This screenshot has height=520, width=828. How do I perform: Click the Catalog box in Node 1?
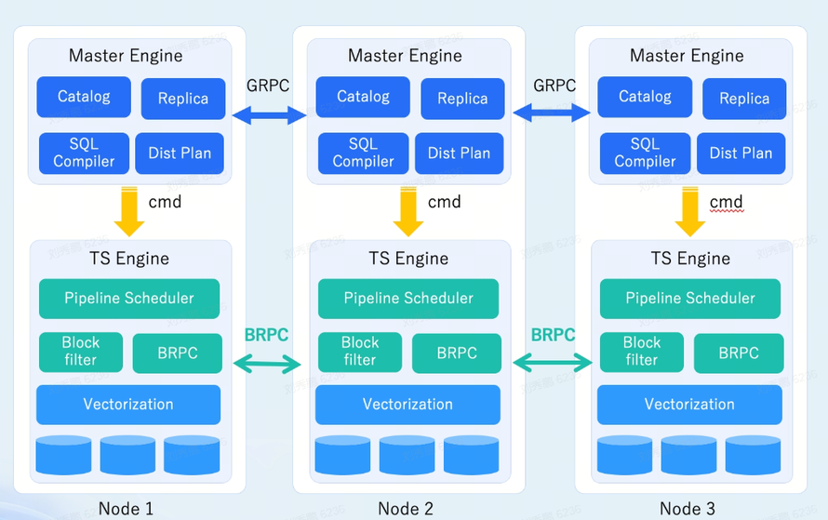[x=84, y=97]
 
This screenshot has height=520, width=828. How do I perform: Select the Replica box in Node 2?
[x=462, y=99]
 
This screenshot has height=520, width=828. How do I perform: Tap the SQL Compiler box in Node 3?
[x=645, y=153]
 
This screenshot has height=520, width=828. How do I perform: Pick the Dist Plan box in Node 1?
[x=180, y=153]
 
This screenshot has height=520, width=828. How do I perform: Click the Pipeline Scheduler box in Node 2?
[x=408, y=299]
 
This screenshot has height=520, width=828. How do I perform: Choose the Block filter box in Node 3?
[x=642, y=352]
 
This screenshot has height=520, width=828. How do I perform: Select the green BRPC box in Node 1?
[x=177, y=353]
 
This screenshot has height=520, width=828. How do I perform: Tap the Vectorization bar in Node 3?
[x=689, y=405]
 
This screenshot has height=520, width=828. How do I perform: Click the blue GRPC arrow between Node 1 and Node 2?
[x=270, y=115]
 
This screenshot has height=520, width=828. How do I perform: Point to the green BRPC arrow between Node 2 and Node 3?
[x=553, y=363]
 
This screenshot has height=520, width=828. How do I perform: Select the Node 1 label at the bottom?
[x=126, y=508]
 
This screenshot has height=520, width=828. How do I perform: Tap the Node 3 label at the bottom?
[x=688, y=508]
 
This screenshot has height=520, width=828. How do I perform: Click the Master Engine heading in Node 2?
[x=405, y=56]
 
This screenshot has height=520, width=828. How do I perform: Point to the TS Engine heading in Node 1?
[x=128, y=259]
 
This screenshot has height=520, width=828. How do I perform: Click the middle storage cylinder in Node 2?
[x=407, y=455]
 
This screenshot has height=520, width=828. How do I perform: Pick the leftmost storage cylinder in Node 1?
[x=63, y=455]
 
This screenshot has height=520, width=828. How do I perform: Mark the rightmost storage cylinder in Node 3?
[x=753, y=455]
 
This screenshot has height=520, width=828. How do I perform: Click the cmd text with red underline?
[x=726, y=202]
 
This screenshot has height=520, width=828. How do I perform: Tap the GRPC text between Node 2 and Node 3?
[x=554, y=86]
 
